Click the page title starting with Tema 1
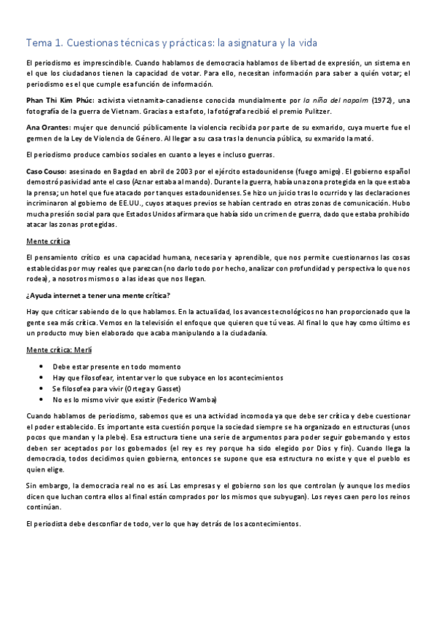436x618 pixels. pyautogui.click(x=171, y=43)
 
